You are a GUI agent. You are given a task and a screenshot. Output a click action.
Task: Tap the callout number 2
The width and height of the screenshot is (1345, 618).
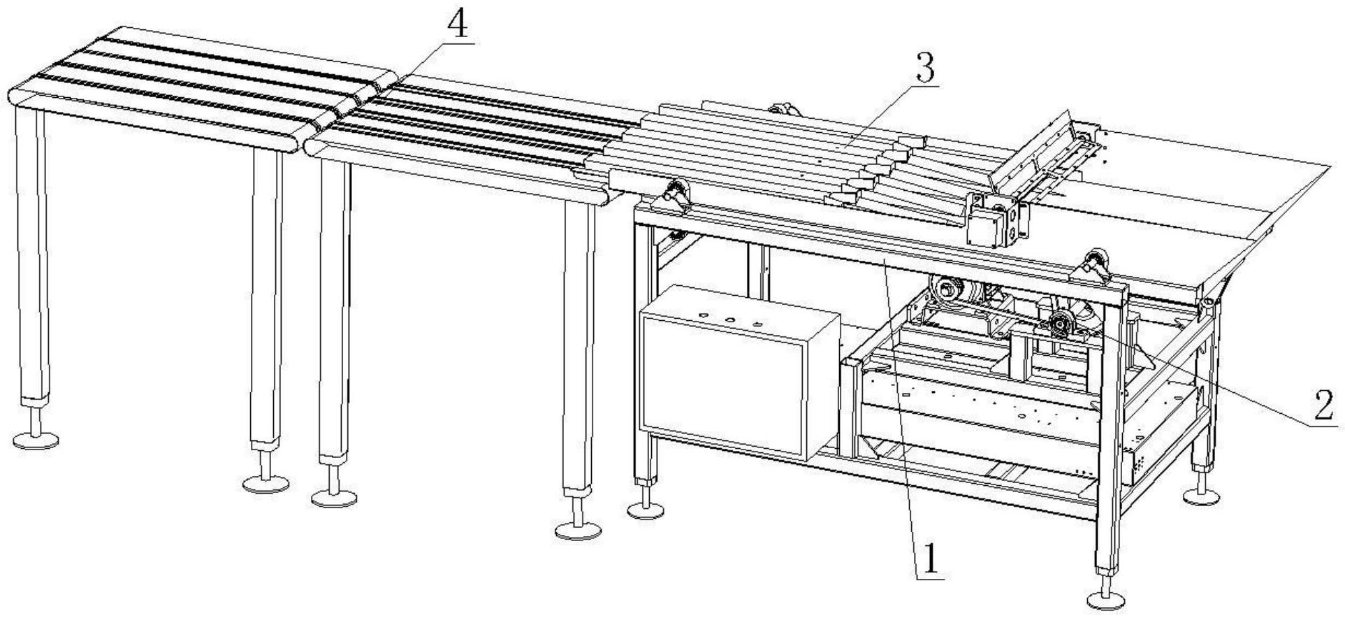click(x=1322, y=405)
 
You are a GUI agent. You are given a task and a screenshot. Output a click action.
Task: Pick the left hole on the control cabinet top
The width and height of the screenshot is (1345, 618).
click(x=704, y=317)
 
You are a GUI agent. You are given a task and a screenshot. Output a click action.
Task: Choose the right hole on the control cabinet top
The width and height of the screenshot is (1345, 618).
click(x=757, y=324)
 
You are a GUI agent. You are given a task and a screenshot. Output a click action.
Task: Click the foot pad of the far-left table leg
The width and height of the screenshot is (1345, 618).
click(x=36, y=440)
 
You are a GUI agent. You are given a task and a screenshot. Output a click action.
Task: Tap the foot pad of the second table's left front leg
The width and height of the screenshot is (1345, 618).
click(x=334, y=498)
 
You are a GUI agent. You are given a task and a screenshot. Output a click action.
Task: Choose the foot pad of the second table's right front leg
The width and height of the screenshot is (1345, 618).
click(x=578, y=529)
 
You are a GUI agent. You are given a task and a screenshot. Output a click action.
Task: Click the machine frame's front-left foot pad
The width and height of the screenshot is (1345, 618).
click(x=646, y=510)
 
